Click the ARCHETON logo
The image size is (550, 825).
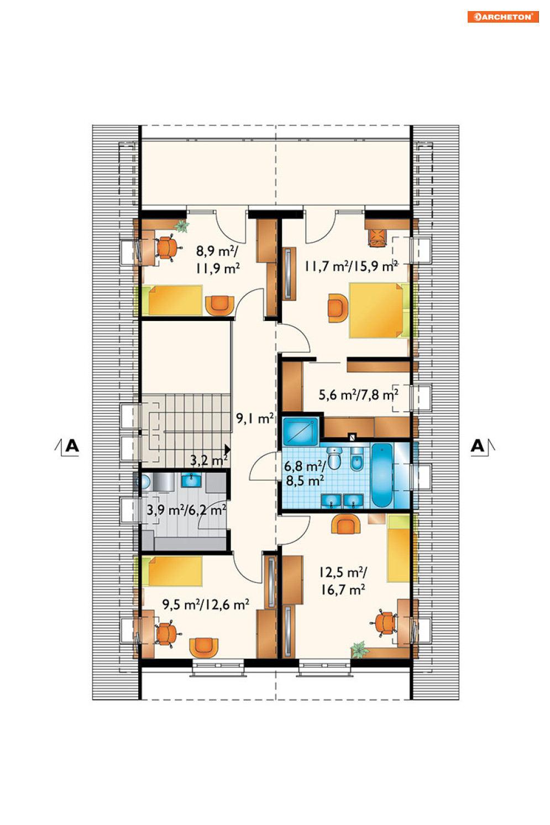pos(503,17)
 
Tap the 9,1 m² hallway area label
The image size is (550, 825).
pos(255,418)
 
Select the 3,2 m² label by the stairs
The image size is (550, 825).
pos(208,460)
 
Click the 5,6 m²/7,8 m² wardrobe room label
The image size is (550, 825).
pos(358,395)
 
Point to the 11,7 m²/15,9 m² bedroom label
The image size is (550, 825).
pos(350,266)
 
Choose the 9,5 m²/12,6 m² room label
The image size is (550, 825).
pos(206,605)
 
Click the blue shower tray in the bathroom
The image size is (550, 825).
pos(300,431)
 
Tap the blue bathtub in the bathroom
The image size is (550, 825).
pos(381,475)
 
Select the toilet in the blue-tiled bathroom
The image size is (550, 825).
pos(334,458)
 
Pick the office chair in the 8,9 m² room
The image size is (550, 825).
pos(167,248)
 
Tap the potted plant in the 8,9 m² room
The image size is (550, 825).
pos(181,225)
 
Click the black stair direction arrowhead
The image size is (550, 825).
pos(227,449)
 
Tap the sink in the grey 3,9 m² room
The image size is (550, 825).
pos(191,480)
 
